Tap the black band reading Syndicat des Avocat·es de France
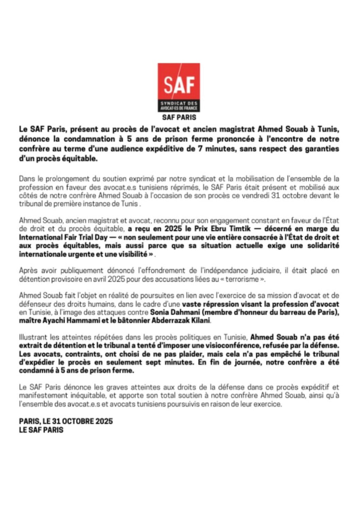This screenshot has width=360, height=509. tap(179, 106)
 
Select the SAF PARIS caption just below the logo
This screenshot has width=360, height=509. tap(179, 117)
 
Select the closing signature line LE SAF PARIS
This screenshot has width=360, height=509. tap(41, 429)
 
